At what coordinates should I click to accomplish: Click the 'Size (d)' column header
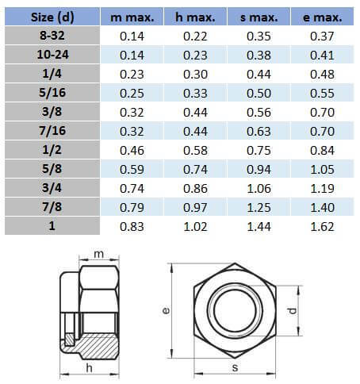tap(52, 17)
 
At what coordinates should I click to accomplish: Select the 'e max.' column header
tap(322, 17)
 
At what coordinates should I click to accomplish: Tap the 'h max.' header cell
tap(195, 17)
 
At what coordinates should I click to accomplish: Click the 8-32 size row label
tap(52, 36)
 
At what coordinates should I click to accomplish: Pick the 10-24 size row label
tap(52, 55)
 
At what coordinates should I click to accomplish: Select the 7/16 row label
tap(52, 131)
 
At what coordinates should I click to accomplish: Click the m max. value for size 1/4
tap(132, 75)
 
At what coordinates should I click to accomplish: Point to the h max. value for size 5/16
tap(195, 94)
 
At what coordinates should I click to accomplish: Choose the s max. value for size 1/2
tap(259, 151)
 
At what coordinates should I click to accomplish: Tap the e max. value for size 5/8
tap(322, 170)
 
